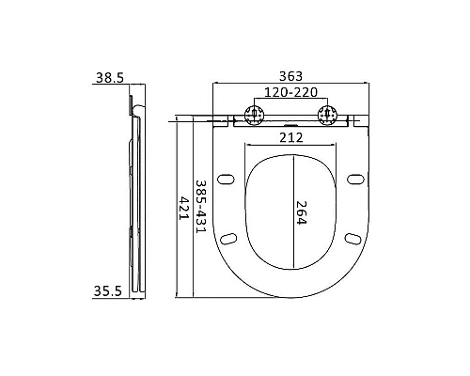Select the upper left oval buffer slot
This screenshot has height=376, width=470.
click(x=226, y=178)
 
